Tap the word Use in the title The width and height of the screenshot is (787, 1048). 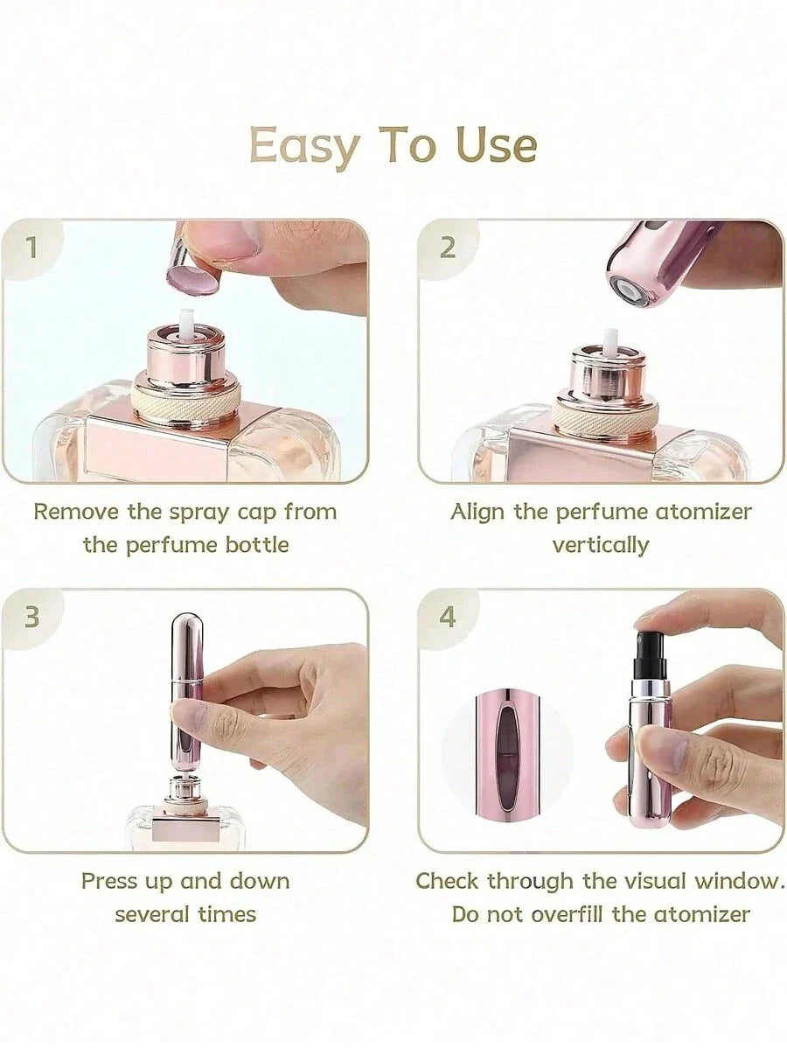pos(495,146)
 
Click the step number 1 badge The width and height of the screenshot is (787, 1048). pos(32,248)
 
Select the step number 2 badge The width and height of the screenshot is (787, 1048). pos(448,248)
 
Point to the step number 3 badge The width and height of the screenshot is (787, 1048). pos(32,618)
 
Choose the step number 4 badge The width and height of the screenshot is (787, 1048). pos(448,618)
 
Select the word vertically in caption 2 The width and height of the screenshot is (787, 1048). pos(601,545)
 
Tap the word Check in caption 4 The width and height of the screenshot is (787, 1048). pos(447,881)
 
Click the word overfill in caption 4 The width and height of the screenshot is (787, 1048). pos(565,915)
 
